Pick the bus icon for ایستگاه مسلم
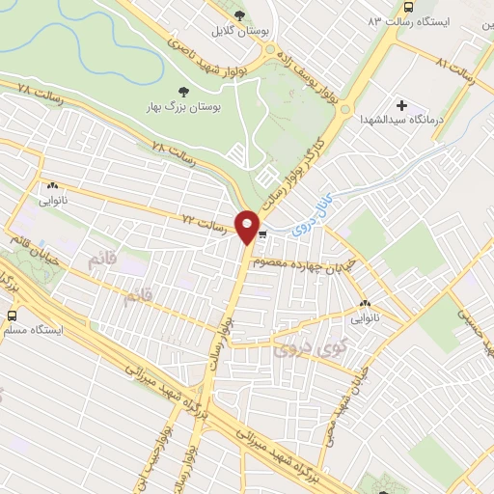tap(13, 315)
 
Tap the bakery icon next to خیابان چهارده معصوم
tap(365, 303)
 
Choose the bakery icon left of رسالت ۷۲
tap(52, 187)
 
